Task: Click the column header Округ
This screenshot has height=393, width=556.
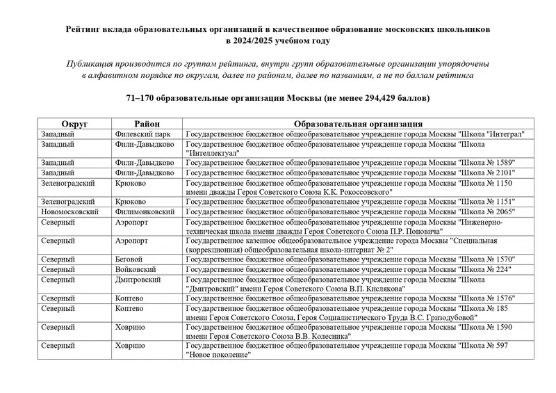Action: click(x=74, y=124)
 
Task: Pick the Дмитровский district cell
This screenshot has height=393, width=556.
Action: click(x=138, y=279)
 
